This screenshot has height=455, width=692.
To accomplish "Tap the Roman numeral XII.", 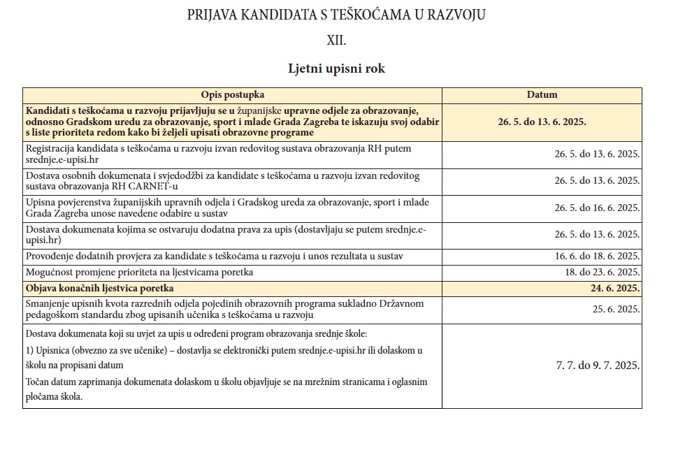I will [336, 41].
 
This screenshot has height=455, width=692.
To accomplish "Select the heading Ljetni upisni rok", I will [336, 68].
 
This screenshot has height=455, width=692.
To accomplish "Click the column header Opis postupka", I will [232, 95].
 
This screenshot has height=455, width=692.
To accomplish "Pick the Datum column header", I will [542, 95].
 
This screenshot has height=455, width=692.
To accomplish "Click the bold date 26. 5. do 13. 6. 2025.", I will [542, 121].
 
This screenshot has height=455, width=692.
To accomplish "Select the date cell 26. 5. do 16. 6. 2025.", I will [597, 208].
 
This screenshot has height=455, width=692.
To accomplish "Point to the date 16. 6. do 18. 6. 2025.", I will [597, 256].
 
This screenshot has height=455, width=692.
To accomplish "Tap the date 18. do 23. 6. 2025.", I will [602, 272].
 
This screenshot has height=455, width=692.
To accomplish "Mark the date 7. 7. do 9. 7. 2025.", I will [598, 365].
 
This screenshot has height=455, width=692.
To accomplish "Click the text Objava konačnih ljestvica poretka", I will [100, 288].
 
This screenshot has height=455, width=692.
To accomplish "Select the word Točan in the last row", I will [38, 382].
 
